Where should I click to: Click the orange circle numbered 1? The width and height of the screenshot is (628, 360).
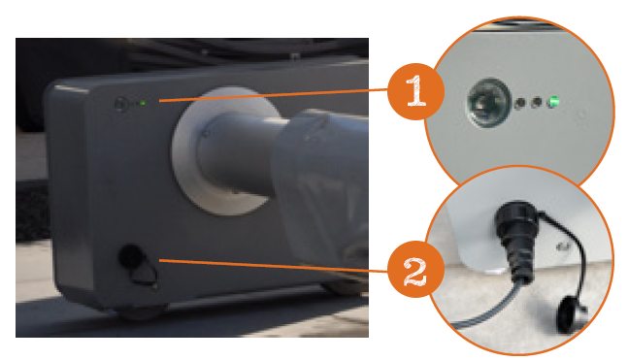pos(415,91)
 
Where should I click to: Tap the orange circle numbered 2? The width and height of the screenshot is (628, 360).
pos(415,269)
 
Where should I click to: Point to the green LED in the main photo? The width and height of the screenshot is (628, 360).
pos(143,103)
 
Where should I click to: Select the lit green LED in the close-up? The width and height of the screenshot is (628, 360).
pos(553,102)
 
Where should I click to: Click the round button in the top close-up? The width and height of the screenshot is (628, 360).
pos(488,103)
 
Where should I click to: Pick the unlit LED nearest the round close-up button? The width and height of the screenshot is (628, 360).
pos(520,103)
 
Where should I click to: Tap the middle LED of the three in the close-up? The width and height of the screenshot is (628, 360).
pos(537,103)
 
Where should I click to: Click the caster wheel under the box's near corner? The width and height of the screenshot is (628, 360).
pos(141,311)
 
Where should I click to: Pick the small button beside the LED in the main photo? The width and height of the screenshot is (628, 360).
pos(120,104)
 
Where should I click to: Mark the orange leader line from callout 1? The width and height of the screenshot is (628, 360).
pos(273,95)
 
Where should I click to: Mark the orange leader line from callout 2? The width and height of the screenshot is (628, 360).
pos(273,266)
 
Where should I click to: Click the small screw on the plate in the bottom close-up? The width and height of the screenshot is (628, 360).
pos(564,246)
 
